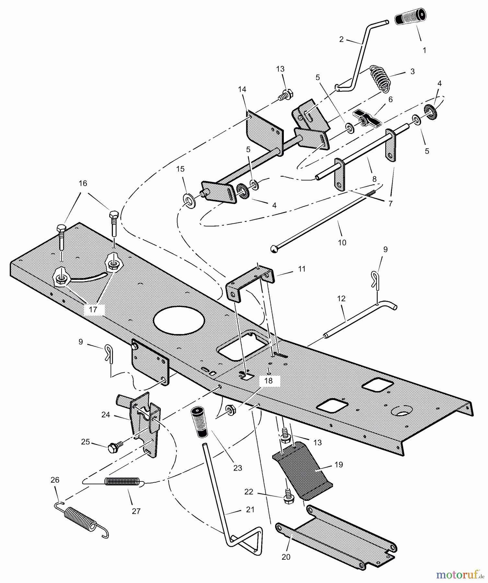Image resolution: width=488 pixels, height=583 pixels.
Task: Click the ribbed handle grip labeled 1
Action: click(x=411, y=17)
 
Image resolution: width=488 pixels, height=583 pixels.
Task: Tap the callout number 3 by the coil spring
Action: click(x=412, y=72)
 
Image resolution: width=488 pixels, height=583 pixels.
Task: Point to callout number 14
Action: click(x=242, y=89)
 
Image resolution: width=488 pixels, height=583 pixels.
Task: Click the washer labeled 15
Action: click(x=190, y=201)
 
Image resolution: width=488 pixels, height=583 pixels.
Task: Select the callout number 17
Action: click(x=93, y=310)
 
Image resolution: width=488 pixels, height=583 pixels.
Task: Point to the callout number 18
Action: click(x=268, y=381)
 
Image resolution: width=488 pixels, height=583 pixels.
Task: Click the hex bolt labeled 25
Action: click(x=112, y=446)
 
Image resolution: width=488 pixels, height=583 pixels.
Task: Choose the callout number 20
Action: click(x=286, y=557)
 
